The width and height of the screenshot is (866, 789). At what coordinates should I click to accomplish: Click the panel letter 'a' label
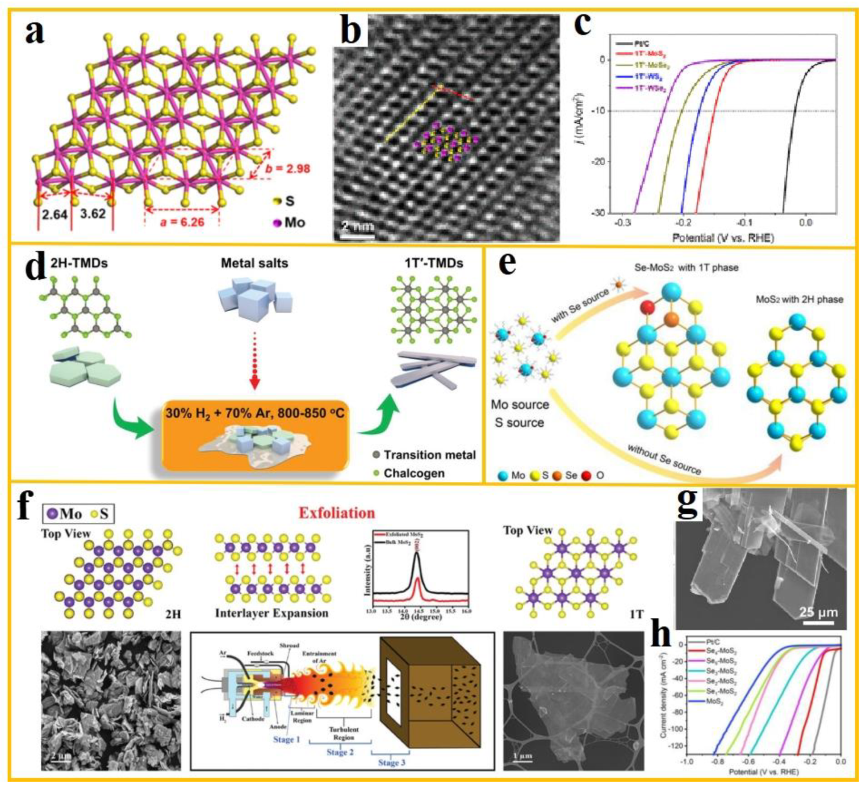pos(35,31)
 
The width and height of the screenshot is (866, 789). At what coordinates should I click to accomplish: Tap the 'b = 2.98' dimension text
pos(287,169)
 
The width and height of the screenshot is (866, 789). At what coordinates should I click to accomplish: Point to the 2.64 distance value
pos(55,215)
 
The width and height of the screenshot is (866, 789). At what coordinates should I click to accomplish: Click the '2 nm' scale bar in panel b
pos(357,228)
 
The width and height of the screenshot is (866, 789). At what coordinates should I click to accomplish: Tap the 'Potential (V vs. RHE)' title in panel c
pos(722,237)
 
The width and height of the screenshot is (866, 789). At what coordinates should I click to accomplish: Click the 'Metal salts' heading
pos(254,263)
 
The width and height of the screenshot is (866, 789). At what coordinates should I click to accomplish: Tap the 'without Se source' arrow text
pos(664,459)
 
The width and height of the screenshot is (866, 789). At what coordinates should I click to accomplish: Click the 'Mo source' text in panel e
pos(520,405)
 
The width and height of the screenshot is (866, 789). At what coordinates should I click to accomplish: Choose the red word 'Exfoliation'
pos(337,513)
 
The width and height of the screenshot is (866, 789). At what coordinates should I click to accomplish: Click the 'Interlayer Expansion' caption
pos(271,613)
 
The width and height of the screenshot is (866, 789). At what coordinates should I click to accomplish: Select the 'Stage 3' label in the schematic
pos(392,762)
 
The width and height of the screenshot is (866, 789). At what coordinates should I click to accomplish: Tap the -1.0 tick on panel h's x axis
pos(687,762)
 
